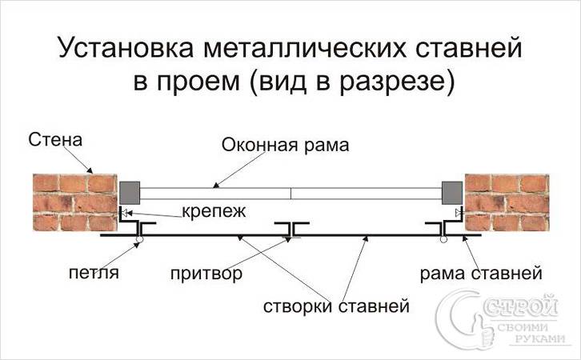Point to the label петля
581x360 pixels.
[94, 274]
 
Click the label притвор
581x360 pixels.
[206, 274]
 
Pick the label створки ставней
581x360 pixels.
[337, 306]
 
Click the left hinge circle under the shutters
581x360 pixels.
[139, 239]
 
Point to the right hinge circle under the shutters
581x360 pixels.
[443, 239]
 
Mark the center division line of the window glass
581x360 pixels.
[291, 193]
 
